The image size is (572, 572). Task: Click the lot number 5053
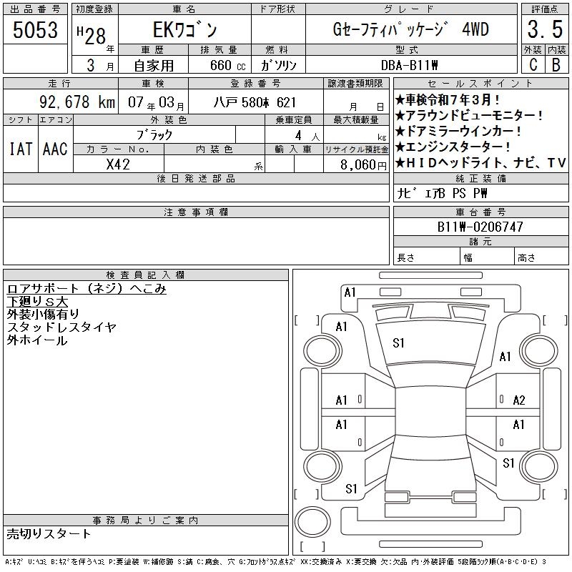(x=35, y=29)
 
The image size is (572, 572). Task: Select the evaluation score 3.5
(x=545, y=29)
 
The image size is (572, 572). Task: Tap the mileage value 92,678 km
(x=77, y=102)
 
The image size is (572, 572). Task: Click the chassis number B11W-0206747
(x=480, y=227)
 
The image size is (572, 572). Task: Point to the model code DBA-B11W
(x=409, y=65)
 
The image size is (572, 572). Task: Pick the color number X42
(x=118, y=164)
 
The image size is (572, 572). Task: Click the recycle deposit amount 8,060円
(x=363, y=165)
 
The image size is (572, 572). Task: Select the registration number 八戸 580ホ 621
(x=255, y=102)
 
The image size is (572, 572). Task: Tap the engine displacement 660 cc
(x=227, y=65)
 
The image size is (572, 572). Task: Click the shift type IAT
(x=21, y=149)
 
